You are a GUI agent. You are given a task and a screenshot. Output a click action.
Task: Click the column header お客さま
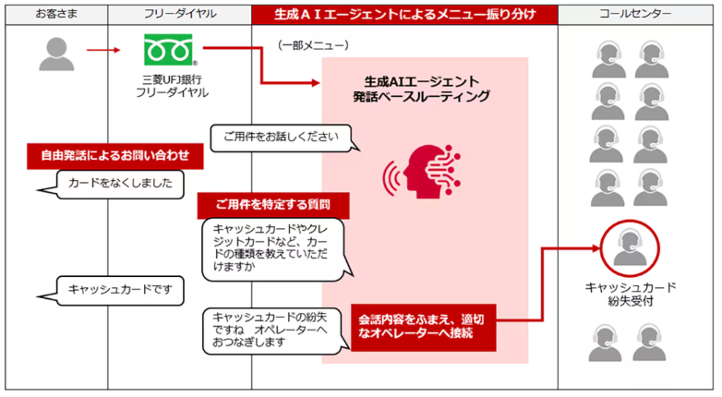[x=56, y=15]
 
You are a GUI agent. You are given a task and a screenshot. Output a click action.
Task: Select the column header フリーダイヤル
[x=179, y=15]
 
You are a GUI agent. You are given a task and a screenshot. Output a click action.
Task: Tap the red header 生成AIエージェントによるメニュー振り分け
[x=404, y=15]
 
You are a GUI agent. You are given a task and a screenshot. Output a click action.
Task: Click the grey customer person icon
[x=55, y=53]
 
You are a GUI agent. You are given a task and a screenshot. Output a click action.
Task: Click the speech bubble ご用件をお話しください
[x=281, y=138]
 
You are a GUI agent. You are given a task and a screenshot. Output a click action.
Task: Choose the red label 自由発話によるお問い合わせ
[x=114, y=154]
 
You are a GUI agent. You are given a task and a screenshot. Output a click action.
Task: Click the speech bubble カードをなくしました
[x=120, y=183]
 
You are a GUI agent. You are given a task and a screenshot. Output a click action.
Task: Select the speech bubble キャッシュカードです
[x=114, y=290]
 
